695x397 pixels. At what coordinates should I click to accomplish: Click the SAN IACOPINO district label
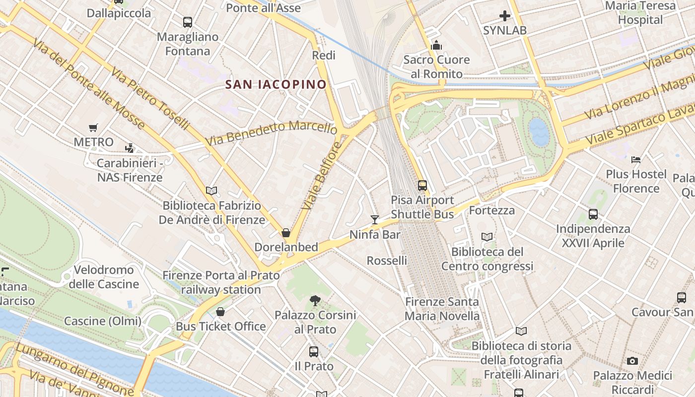[276, 84]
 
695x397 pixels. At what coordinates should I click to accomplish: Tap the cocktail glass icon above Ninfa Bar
[375, 220]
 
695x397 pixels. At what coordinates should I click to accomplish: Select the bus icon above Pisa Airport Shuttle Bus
[422, 186]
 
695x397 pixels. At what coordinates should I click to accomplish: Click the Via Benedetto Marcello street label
[271, 132]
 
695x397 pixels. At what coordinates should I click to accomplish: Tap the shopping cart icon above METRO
[93, 128]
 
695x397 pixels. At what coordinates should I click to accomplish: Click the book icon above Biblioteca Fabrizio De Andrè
[211, 191]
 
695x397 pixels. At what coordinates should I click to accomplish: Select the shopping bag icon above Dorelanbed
[286, 233]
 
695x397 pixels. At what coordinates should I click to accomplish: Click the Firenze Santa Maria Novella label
[442, 309]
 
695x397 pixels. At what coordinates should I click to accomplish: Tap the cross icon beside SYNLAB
[505, 16]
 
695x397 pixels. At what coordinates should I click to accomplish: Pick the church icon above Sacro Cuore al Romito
[436, 46]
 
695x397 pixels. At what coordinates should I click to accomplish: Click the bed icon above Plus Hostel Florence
[636, 160]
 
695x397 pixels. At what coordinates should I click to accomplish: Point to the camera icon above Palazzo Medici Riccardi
[632, 361]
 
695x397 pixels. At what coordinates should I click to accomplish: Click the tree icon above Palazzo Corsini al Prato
[315, 300]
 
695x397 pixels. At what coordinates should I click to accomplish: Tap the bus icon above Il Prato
[314, 352]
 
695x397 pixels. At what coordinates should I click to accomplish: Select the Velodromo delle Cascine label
[104, 277]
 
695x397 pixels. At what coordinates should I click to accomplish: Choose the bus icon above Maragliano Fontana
[187, 22]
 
